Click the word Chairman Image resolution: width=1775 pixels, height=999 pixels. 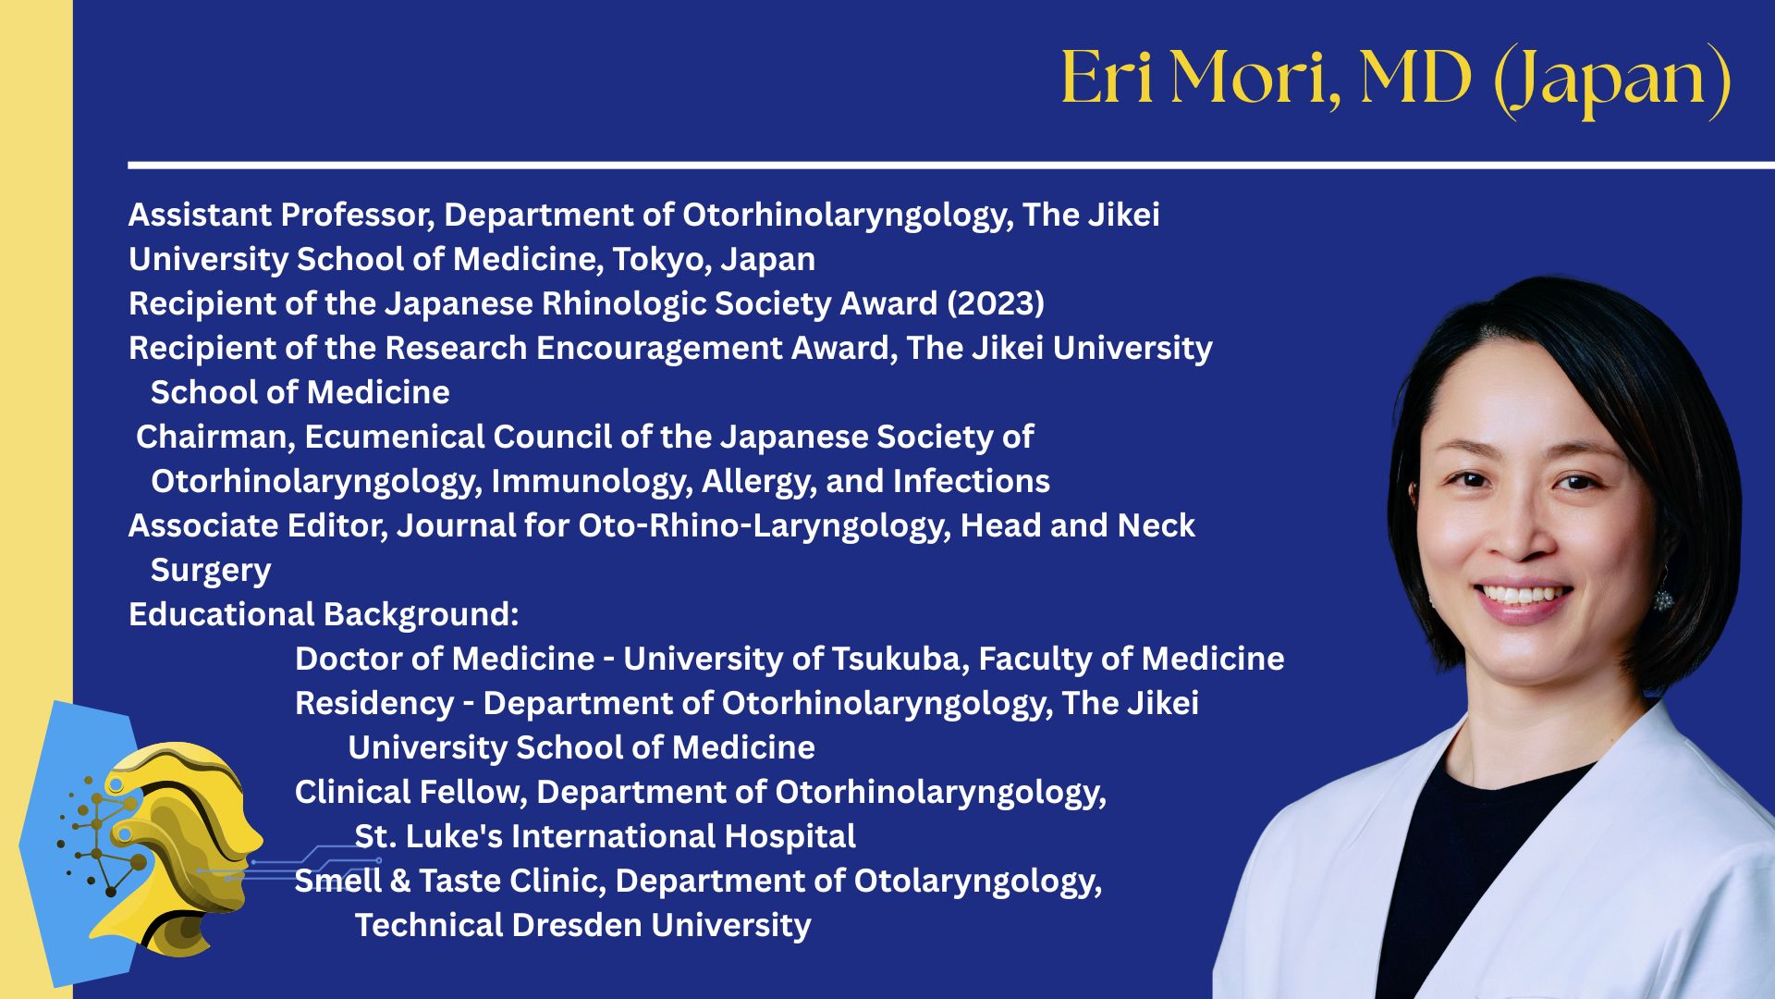pyautogui.click(x=215, y=438)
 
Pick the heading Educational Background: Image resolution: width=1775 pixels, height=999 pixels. pyautogui.click(x=324, y=615)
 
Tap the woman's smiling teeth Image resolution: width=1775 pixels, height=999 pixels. pyautogui.click(x=1523, y=593)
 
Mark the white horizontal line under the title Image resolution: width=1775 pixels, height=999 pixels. pyautogui.click(x=951, y=166)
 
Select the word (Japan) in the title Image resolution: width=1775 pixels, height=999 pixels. pyautogui.click(x=1612, y=80)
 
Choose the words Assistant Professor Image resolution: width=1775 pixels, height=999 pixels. pyautogui.click(x=282, y=216)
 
